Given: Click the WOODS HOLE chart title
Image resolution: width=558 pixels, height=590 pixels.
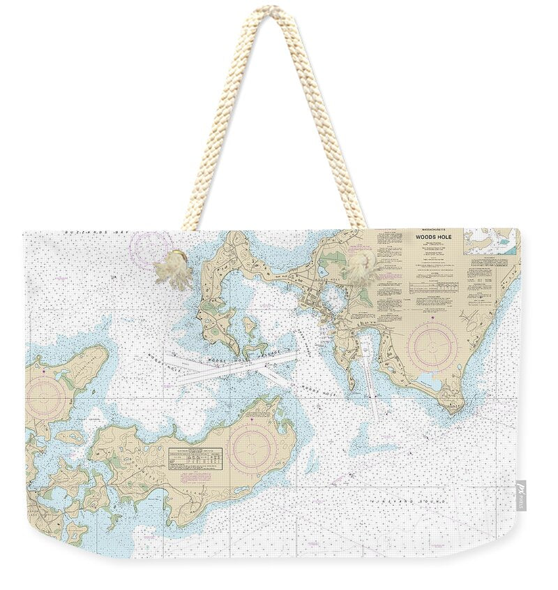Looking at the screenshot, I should pyautogui.click(x=430, y=237).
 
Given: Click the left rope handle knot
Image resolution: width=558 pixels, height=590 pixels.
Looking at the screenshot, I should pyautogui.click(x=174, y=269).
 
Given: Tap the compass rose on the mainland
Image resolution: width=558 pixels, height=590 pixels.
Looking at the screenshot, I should pyautogui.click(x=432, y=346).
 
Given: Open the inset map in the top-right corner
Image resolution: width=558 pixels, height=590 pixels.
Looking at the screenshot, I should pyautogui.click(x=492, y=242).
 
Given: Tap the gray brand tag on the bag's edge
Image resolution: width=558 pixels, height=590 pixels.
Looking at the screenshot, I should pyautogui.click(x=521, y=495).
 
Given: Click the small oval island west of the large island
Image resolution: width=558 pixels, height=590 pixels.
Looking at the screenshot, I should pyautogui.click(x=70, y=437).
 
